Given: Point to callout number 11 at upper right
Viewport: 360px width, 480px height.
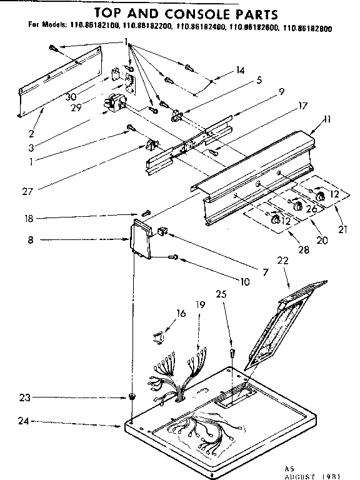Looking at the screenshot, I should click(327, 119).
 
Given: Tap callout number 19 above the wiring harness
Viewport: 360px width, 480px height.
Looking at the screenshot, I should click(199, 305).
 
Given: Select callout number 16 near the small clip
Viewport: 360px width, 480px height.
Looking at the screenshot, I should click(181, 313).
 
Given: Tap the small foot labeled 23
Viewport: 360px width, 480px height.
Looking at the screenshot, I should click(132, 397).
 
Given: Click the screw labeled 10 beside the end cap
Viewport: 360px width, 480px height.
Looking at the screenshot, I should click(175, 256).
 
